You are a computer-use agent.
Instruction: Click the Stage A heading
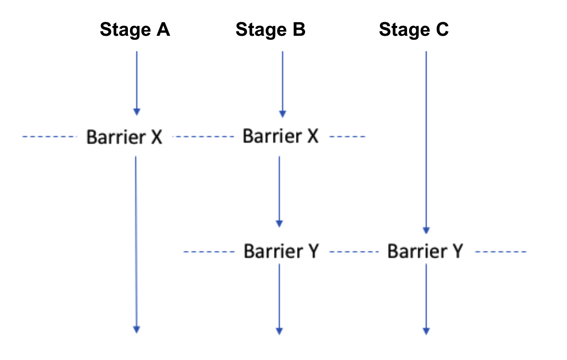click(135, 30)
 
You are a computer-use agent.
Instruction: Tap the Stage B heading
click(271, 30)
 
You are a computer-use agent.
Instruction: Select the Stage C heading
click(414, 30)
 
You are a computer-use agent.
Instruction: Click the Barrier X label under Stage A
click(124, 137)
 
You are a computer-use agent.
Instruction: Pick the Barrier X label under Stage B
click(280, 136)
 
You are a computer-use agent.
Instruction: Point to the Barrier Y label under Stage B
click(281, 251)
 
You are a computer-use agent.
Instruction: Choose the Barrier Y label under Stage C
click(425, 251)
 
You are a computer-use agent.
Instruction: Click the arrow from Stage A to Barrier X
click(137, 82)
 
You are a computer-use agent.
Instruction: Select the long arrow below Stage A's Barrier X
click(136, 243)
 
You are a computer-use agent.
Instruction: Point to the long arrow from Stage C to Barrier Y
click(426, 142)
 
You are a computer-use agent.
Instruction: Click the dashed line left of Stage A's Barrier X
click(49, 137)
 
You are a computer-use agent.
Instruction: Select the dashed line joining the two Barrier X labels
click(203, 137)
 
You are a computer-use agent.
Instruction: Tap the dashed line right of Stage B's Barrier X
click(347, 137)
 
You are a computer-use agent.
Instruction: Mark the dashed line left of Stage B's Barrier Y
click(209, 251)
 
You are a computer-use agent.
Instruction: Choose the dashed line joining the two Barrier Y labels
click(354, 251)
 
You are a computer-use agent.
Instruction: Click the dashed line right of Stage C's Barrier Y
click(500, 251)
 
